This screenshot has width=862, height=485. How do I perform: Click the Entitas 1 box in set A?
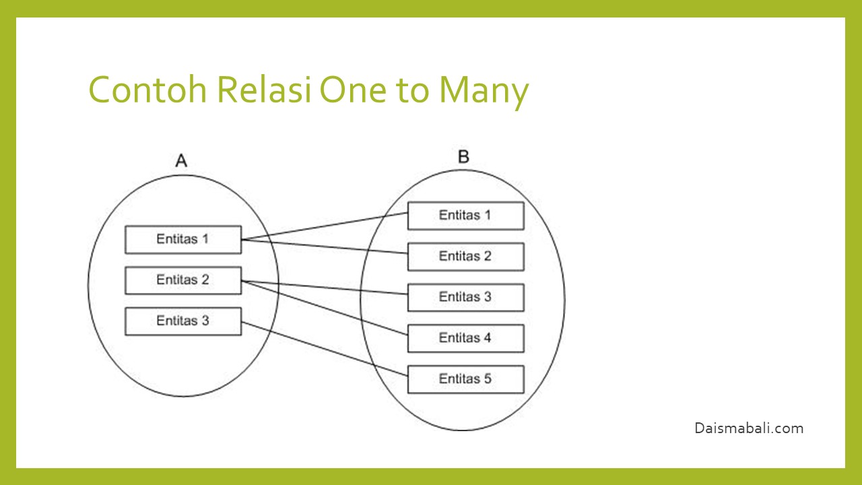tap(183, 240)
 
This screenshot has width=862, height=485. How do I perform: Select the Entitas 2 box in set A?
tap(183, 280)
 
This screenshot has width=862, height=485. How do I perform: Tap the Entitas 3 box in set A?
tap(183, 321)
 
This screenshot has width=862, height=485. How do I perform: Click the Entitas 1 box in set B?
tap(465, 216)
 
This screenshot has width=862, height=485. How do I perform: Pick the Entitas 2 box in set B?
tap(465, 257)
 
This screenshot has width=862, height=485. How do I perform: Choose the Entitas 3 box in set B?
tap(465, 297)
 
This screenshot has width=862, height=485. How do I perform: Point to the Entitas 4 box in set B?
tap(465, 338)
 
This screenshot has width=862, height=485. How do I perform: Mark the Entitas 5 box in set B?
tap(465, 379)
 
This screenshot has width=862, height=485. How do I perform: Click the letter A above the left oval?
tap(181, 160)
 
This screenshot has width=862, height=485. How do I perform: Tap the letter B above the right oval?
tap(463, 157)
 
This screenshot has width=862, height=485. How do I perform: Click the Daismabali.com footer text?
tap(749, 428)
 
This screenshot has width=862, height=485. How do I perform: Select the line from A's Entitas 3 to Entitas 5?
tap(325, 346)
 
